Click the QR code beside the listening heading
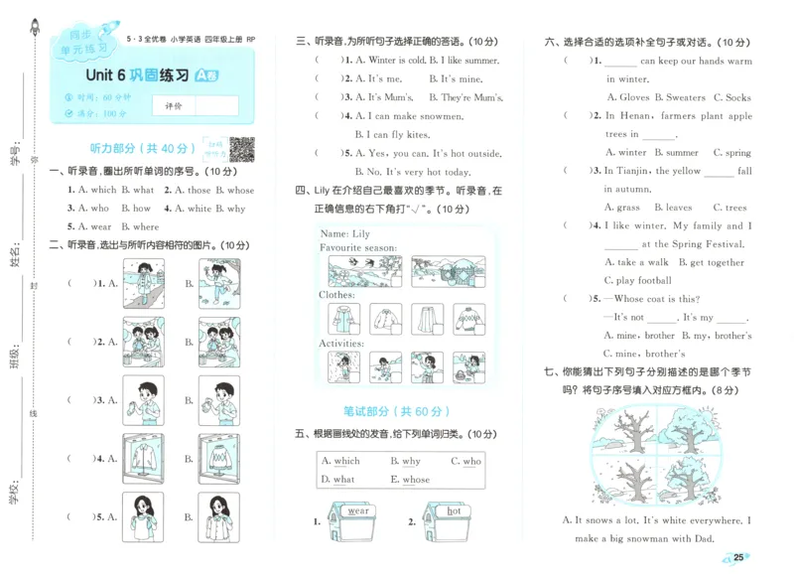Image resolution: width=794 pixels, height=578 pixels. click(241, 148)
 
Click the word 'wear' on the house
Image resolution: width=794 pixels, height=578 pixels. click(358, 511)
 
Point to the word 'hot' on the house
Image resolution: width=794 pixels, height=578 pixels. click(454, 511)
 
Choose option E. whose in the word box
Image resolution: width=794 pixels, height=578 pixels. click(410, 480)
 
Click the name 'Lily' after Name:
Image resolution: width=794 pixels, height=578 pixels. click(360, 234)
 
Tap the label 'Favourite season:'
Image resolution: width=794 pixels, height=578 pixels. click(353, 247)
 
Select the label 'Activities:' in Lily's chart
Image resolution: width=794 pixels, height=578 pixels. click(343, 343)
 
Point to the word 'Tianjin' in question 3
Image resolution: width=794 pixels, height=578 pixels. click(639, 171)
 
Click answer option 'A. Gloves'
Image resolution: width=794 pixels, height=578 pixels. click(627, 97)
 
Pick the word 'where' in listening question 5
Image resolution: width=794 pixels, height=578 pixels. click(145, 226)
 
